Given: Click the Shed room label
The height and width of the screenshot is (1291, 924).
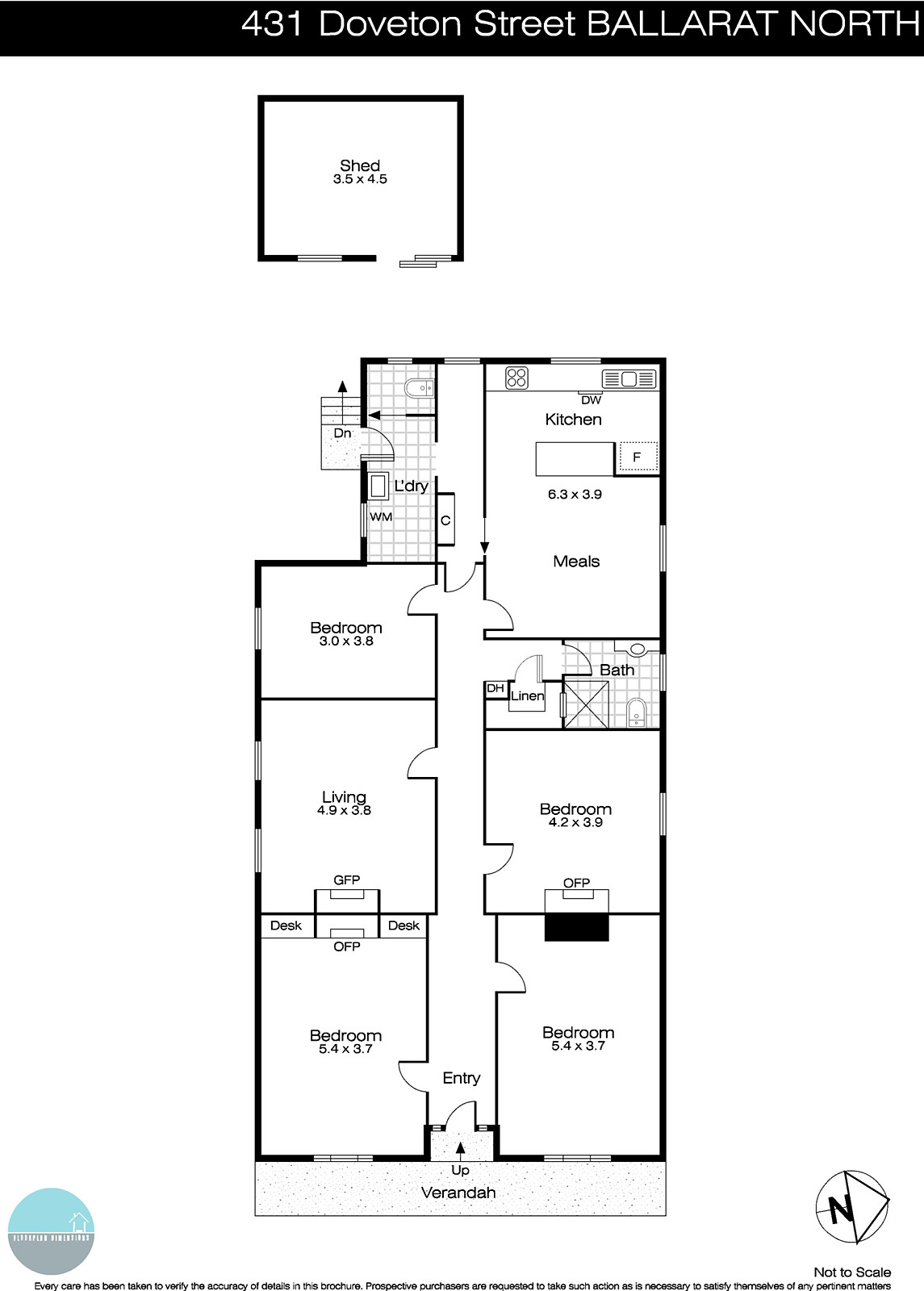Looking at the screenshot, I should tap(359, 165).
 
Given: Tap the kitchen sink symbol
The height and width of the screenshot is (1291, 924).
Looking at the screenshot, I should tap(629, 378).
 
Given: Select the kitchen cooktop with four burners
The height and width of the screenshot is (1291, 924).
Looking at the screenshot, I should tap(516, 378).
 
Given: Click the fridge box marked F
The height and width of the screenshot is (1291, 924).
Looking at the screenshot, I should tap(638, 457).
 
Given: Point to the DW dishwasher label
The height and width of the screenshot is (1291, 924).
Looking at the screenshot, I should tap(591, 399).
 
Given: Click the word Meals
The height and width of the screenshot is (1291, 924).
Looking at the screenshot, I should tap(576, 562).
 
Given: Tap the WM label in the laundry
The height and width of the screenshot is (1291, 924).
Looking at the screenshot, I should tap(381, 516).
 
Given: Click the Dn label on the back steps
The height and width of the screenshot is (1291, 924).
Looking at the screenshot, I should tap(342, 433).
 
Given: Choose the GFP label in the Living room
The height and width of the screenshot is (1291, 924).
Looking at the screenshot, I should tap(347, 880).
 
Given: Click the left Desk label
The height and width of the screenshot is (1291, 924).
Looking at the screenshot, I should tap(286, 925).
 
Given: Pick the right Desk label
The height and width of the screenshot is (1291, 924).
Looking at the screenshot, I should tap(403, 925).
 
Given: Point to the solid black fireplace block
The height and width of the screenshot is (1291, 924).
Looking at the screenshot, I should tap(576, 927).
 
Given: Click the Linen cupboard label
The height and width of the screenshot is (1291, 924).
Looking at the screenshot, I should tap(527, 696).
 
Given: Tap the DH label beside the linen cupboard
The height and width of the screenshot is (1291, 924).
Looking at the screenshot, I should tap(495, 688).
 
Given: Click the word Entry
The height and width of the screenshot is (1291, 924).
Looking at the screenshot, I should tap(462, 1078).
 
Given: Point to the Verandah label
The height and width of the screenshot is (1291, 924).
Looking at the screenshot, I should tap(458, 1193).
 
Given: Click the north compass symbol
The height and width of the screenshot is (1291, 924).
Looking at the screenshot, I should tap(851, 1207).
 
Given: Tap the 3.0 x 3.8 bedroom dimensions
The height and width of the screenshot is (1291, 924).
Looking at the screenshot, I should tap(346, 641).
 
